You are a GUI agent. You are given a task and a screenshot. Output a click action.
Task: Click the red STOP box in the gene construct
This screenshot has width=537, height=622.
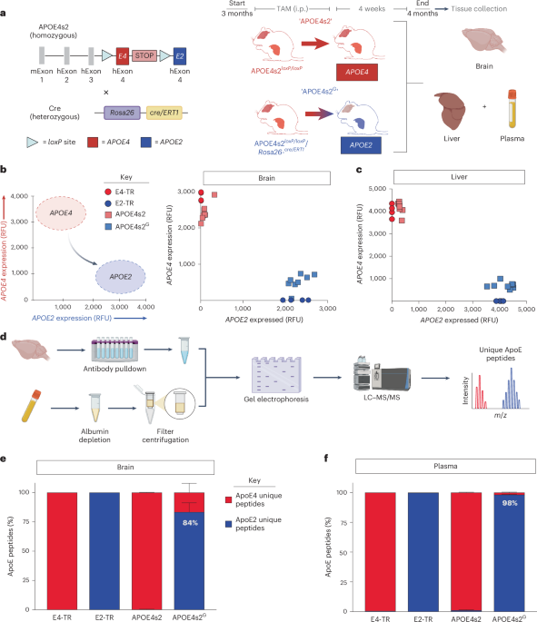pos(144,56)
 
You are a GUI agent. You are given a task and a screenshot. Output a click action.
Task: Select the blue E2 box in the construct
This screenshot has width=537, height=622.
pos(179,56)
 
